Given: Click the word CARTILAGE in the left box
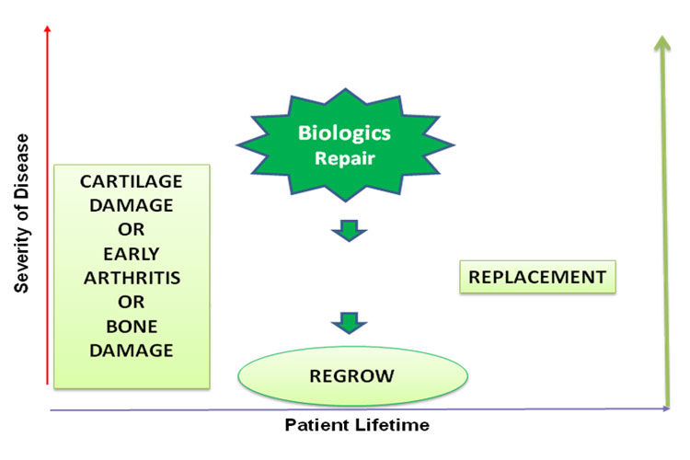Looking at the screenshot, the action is point(132,181).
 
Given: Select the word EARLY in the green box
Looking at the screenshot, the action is point(132,254).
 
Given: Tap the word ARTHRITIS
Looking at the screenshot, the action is point(132,278).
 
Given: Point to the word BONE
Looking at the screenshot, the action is point(132,327).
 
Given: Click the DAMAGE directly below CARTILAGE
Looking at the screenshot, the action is point(132,205).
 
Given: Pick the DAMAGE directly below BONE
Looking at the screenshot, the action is point(132,351).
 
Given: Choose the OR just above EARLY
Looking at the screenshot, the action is point(132,229).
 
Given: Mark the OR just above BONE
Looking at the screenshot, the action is point(132,302).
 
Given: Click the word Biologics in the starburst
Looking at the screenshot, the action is point(344,132).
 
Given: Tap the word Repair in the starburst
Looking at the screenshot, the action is point(345,158).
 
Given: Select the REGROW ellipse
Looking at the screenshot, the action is point(352,376).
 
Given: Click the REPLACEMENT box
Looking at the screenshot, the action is point(537,277).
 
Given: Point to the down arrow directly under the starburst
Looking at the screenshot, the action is point(349,230).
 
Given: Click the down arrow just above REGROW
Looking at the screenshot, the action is point(349,323).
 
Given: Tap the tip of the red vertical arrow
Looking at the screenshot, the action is point(48,26).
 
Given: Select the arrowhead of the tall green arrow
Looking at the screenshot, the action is point(662,43).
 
